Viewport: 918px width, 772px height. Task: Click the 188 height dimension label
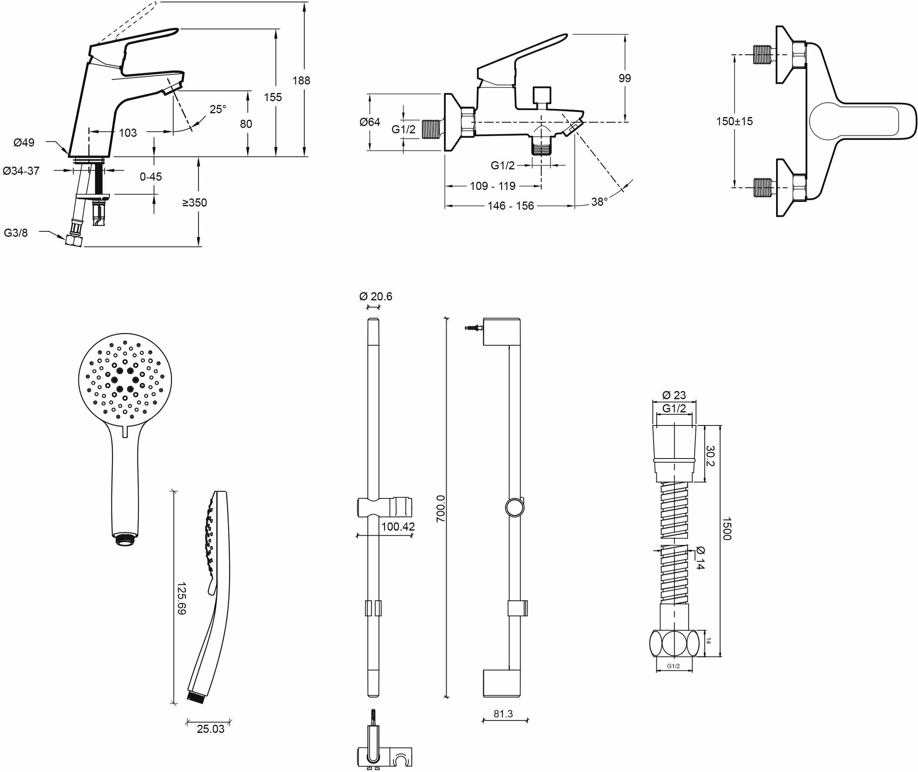(301, 81)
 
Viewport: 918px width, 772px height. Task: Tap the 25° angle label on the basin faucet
(218, 109)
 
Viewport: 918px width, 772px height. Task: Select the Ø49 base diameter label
(24, 143)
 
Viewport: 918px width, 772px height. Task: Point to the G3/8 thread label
(16, 233)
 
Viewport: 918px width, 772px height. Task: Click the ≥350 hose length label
(195, 202)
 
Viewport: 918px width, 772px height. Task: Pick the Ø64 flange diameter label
(369, 122)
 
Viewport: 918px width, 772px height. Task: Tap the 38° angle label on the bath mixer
(599, 201)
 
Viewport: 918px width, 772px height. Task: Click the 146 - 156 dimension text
(510, 206)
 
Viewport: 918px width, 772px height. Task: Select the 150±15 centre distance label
(734, 122)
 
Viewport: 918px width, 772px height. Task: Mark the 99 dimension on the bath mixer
(625, 78)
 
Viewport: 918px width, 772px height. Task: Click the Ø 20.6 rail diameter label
(375, 296)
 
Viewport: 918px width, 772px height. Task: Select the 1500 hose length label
(726, 529)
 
